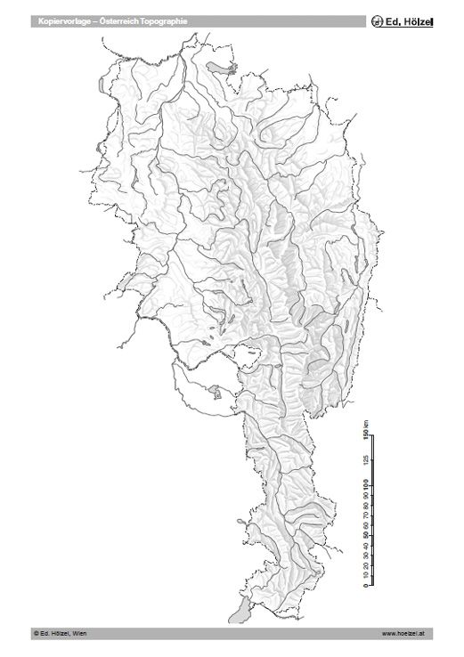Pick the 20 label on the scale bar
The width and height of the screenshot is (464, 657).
tap(365, 564)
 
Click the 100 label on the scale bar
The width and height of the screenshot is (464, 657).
tap(365, 483)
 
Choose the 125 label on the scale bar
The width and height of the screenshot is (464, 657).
tap(365, 459)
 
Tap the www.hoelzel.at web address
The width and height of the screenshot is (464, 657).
tap(405, 633)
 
